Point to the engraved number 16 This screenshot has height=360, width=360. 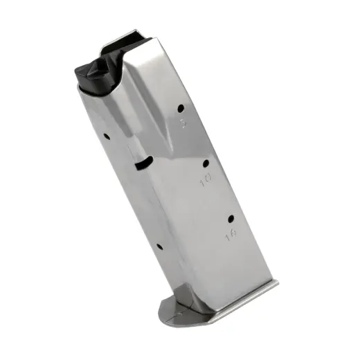click(x=229, y=237)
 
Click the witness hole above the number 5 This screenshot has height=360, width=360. click(x=181, y=108)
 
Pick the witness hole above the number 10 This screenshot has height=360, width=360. click(x=206, y=163)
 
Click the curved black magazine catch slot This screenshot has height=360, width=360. click(x=143, y=162)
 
